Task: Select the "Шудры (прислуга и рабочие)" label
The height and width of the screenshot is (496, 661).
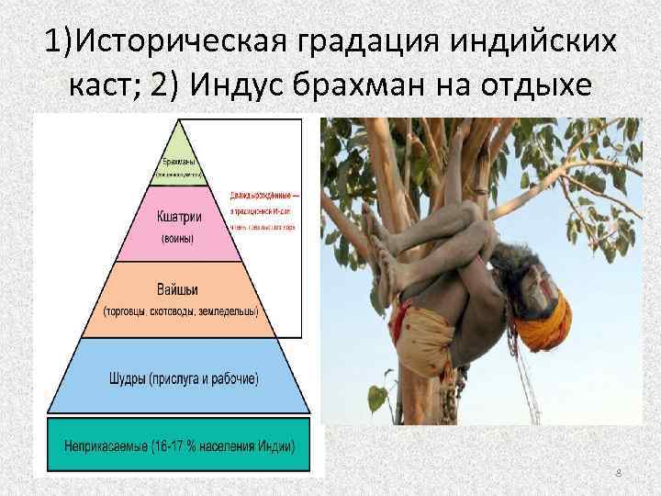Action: pos(179,378)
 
